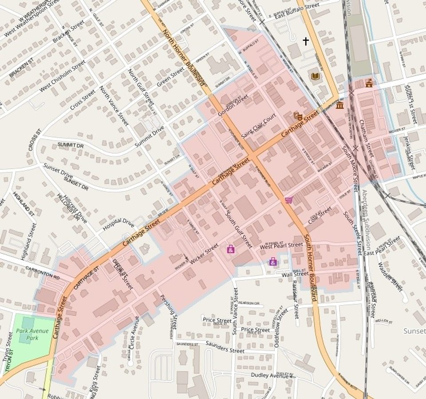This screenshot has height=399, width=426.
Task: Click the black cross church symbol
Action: pos(305,41)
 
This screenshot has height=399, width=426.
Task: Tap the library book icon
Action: pos(315,76)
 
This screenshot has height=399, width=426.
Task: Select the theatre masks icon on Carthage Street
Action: pos(298,116)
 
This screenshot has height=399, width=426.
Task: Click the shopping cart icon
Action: pos(289,200)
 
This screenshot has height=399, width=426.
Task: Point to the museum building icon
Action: pos(340,105)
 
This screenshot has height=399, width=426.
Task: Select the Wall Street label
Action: pos(295,274)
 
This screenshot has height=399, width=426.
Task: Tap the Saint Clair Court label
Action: pos(259,126)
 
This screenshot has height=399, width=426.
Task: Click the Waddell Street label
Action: pos(390,276)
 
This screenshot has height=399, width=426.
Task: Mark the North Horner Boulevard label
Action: pos(183,57)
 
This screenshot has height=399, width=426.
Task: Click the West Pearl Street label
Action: pos(281,246)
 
